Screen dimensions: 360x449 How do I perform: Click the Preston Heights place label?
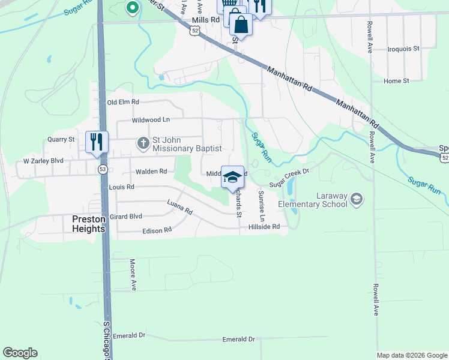tap(88, 224)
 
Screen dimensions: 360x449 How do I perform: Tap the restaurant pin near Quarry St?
tap(96, 142)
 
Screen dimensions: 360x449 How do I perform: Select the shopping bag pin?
tap(240, 25)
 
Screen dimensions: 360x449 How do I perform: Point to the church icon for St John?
tap(143, 143)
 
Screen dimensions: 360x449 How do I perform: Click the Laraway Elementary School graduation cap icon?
tap(357, 199)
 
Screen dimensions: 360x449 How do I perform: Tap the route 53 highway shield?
tap(103, 170)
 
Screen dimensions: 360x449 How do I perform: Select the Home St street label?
tap(396, 81)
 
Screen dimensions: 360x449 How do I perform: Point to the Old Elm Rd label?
tap(123, 103)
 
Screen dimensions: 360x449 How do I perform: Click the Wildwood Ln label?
tap(142, 120)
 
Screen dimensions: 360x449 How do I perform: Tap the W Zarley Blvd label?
tap(43, 161)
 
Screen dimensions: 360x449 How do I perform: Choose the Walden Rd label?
tap(151, 172)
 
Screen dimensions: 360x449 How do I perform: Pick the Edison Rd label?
tap(157, 230)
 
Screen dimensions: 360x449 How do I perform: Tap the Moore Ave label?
tap(133, 275)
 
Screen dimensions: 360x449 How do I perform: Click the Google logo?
tap(20, 353)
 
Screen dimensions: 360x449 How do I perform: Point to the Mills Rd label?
tap(203, 20)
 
